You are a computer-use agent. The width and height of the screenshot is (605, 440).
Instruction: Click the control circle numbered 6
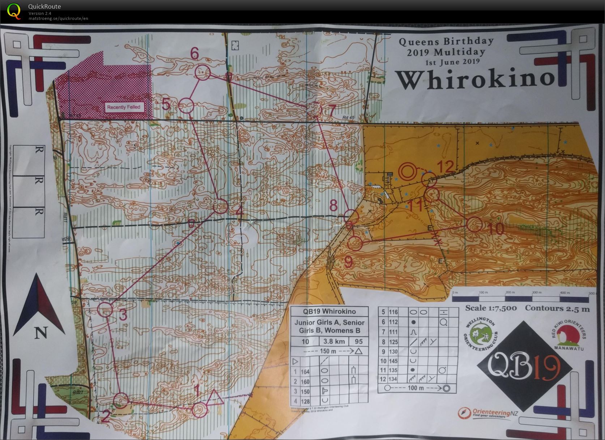(203, 72)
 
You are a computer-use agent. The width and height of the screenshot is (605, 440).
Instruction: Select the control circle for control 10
(474, 225)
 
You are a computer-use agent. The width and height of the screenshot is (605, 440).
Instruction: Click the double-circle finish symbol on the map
(408, 171)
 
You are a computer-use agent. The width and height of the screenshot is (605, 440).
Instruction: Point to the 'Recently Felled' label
(124, 107)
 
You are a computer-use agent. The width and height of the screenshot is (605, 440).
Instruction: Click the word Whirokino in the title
(475, 80)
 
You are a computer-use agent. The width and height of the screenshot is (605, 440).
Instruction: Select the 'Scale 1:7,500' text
(491, 308)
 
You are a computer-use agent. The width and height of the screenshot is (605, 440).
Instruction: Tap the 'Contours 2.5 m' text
(557, 308)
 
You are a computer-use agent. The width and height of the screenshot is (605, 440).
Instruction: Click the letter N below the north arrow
(41, 332)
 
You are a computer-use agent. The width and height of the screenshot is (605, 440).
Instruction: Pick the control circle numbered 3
(106, 309)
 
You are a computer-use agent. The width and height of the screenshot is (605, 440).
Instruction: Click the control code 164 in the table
(305, 372)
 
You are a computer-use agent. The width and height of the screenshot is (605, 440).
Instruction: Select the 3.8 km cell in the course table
(334, 341)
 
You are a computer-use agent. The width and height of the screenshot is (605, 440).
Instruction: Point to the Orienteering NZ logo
(487, 413)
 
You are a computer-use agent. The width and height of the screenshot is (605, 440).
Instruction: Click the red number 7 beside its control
(332, 111)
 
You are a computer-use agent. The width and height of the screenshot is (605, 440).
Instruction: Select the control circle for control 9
(355, 243)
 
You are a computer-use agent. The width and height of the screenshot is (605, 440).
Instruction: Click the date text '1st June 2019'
(452, 62)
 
